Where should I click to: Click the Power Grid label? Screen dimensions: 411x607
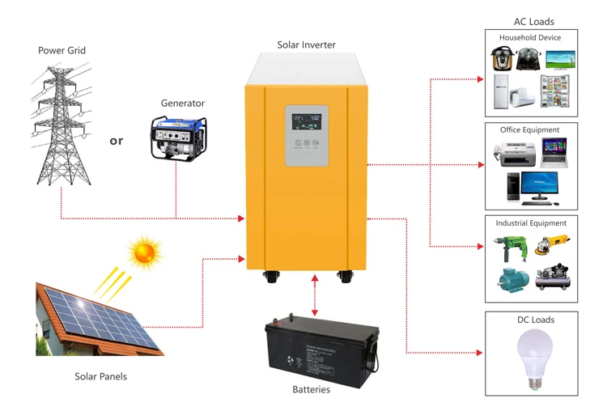click(x=62, y=50)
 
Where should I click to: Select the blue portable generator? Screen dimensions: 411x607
click(x=178, y=136)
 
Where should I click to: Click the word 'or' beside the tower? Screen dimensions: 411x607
click(x=117, y=141)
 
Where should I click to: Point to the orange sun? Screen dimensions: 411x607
click(x=145, y=252)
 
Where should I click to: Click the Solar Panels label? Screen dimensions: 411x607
click(x=100, y=376)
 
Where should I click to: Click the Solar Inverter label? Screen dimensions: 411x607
click(x=306, y=44)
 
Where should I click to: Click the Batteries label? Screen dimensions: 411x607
click(x=311, y=390)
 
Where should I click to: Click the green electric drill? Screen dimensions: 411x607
click(x=511, y=248)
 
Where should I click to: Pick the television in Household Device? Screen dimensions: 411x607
click(x=560, y=61)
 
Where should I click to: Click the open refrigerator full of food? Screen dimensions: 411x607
click(x=554, y=91)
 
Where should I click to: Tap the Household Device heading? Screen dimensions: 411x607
click(x=530, y=38)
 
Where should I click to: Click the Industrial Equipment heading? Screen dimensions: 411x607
click(x=531, y=222)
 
